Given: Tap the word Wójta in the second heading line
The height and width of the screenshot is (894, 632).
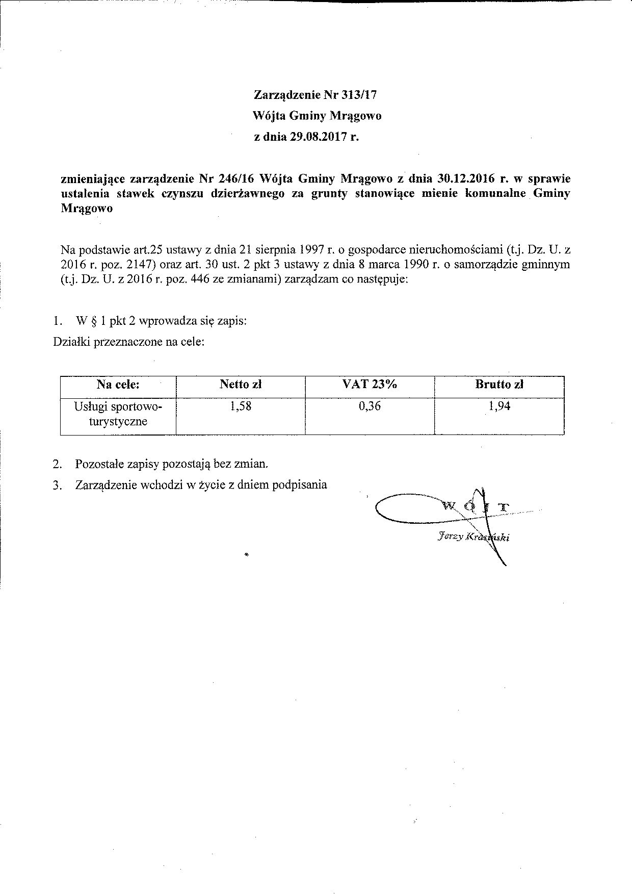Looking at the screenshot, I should [269, 116].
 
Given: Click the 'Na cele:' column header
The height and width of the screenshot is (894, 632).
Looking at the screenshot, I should [118, 385].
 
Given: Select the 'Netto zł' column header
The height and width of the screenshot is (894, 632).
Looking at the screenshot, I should [241, 385].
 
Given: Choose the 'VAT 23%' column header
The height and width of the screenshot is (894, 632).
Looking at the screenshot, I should [370, 385].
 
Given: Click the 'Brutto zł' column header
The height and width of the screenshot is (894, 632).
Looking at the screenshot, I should [499, 385].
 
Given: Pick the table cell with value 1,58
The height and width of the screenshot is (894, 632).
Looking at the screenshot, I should [241, 406].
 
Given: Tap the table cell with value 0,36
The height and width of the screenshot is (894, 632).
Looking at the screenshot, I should [370, 406].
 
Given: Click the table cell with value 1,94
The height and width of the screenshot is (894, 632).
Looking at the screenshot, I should [499, 406].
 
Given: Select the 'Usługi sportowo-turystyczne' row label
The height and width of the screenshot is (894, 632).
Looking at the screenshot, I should [118, 414].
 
